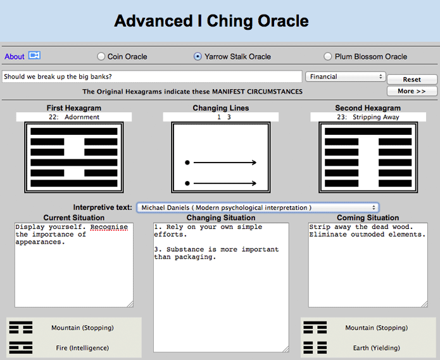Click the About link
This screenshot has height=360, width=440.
15,56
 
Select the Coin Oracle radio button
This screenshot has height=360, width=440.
101,56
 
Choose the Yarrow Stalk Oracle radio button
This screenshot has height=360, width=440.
198,56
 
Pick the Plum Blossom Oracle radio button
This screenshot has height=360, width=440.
327,56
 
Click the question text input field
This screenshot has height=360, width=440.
152,77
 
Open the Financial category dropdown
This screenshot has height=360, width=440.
346,77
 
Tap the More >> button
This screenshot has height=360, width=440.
412,91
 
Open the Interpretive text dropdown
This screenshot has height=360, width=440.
258,208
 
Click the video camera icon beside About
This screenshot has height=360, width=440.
35,55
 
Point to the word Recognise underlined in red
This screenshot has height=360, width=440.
109,227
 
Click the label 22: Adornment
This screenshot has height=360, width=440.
74,117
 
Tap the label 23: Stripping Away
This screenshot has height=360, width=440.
368,117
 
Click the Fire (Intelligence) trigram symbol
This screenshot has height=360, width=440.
21,348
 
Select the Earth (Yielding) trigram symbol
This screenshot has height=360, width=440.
315,348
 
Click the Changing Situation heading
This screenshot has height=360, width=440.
221,218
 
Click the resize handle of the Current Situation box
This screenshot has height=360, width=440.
130,304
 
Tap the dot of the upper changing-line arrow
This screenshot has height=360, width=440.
187,163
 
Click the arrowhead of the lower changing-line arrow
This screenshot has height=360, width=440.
254,183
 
